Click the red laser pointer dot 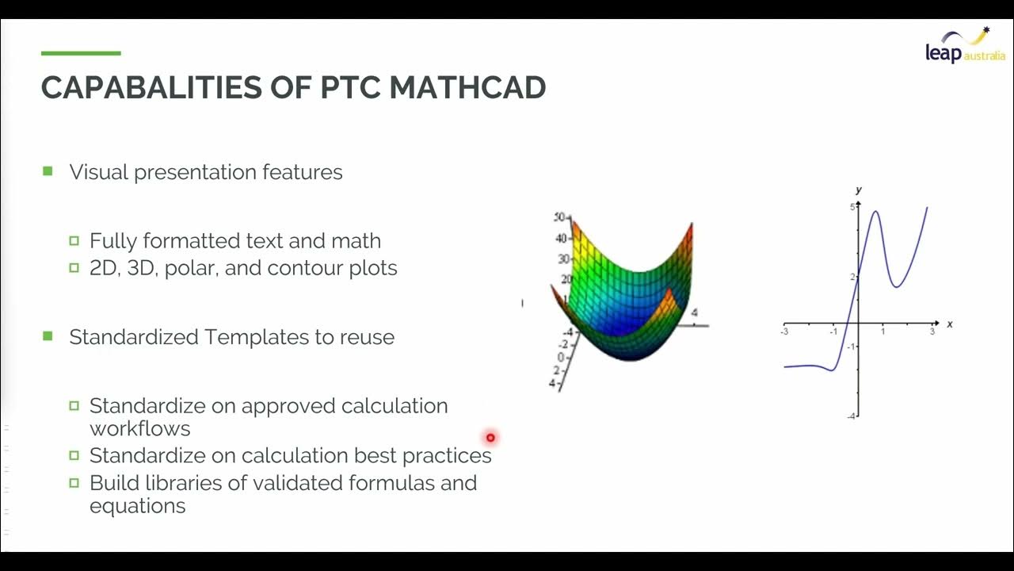490,437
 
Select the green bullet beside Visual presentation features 48,171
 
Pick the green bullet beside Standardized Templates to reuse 48,336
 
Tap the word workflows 139,429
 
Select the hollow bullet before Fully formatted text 74,241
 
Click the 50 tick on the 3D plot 560,217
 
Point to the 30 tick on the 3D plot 562,259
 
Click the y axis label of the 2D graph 859,190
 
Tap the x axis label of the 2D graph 949,324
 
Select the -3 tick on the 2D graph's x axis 784,331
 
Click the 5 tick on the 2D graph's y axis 852,208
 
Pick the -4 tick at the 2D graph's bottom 851,416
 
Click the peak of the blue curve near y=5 875,211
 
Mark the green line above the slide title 81,53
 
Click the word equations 137,506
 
